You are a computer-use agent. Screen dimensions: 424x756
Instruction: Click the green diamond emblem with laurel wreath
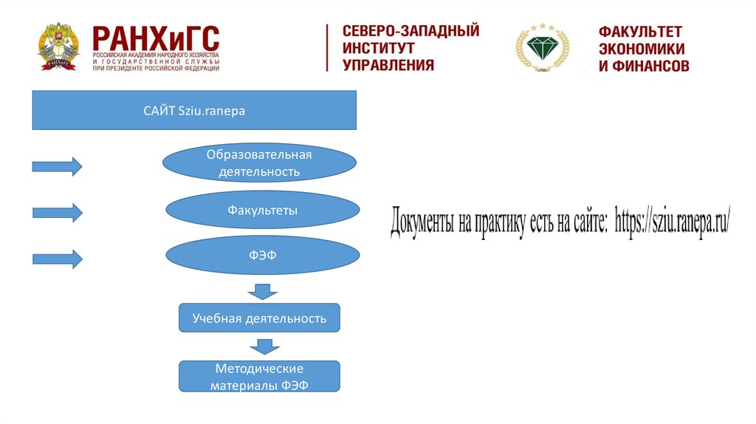tap(543, 47)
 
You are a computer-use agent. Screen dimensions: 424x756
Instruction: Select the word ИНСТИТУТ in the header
tap(378, 47)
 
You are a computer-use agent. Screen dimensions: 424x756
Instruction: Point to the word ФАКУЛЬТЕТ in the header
tap(640, 32)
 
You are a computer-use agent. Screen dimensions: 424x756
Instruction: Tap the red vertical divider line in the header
tap(327, 47)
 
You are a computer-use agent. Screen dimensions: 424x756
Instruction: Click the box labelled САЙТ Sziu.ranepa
tap(194, 111)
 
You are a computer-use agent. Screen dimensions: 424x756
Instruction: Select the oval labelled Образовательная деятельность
tap(259, 163)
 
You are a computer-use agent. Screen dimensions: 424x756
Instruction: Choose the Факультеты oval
tap(262, 211)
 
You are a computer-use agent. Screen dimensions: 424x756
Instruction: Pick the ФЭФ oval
tap(262, 256)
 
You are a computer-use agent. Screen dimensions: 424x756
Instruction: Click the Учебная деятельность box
tap(259, 318)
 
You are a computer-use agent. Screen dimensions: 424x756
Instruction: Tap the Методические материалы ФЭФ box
tap(259, 375)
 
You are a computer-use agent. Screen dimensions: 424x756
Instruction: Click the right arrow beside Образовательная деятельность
tap(57, 166)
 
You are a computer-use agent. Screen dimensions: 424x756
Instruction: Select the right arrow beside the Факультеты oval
tap(57, 213)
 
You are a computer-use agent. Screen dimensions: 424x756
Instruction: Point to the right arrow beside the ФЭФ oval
tap(57, 259)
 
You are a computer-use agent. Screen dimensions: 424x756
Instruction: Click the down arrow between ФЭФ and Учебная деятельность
tap(261, 291)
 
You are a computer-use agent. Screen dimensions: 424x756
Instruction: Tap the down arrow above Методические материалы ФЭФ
tap(264, 346)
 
